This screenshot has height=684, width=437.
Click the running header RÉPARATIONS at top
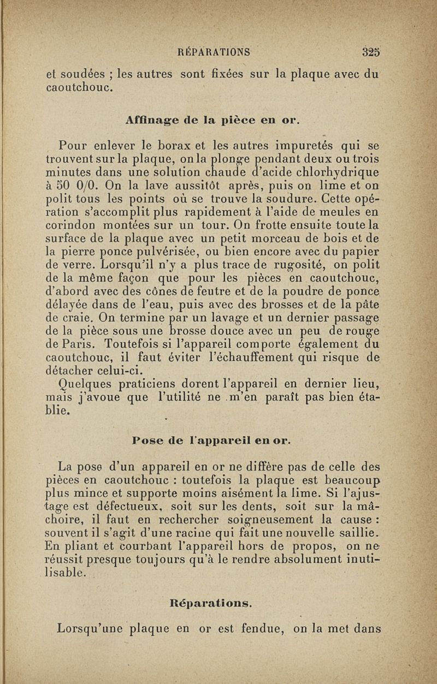[x=214, y=53]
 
